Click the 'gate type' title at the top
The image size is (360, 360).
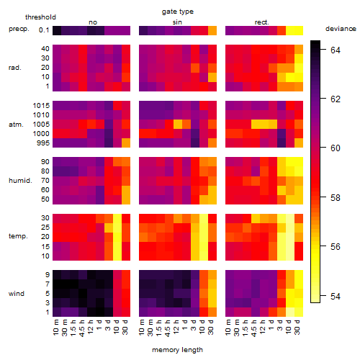[x=178, y=12]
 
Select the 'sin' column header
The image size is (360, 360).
[x=177, y=22]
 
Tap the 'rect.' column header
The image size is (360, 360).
[x=261, y=22]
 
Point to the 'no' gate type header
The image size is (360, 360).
[x=93, y=22]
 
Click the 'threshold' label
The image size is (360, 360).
[x=40, y=17]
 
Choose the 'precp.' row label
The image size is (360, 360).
[x=19, y=29]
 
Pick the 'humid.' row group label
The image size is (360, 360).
[x=20, y=180]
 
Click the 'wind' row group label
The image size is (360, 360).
[x=17, y=294]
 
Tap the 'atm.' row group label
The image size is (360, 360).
[x=16, y=125]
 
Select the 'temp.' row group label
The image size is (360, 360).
[x=18, y=236]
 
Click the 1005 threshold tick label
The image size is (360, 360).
[x=41, y=125]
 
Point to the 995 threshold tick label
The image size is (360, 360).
[x=43, y=143]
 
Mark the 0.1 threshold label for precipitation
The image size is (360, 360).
[x=44, y=30]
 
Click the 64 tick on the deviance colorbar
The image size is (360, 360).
[x=336, y=50]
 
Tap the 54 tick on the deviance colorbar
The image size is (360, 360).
[x=336, y=297]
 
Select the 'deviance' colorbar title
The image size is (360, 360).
[x=341, y=29]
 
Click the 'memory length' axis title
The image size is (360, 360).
[x=178, y=350]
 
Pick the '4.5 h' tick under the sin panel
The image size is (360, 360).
[x=168, y=328]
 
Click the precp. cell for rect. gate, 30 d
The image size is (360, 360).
[x=299, y=30]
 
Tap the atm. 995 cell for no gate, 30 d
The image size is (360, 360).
[x=126, y=143]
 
